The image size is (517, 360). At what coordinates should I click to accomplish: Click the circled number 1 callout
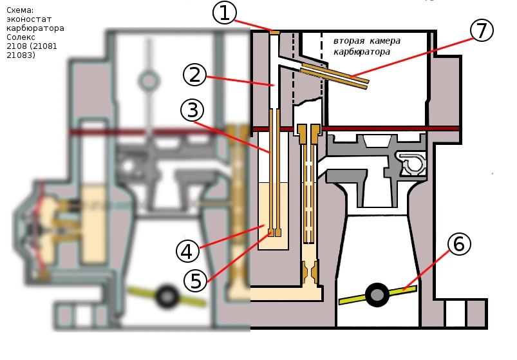(224, 12)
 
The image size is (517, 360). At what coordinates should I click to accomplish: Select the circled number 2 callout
(194, 75)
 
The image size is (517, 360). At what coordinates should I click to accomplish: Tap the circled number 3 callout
(192, 110)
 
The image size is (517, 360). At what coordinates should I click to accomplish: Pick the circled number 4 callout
(185, 252)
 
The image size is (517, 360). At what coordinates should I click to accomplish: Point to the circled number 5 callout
(195, 280)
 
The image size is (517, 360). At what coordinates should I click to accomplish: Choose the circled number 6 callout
(458, 245)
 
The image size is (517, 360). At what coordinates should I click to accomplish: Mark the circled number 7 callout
(482, 30)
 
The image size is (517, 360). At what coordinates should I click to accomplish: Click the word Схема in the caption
(20, 10)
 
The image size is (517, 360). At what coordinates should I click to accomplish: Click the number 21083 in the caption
(20, 55)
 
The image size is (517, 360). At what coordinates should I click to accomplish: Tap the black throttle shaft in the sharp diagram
(377, 294)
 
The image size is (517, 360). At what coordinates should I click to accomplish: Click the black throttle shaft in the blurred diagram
(169, 296)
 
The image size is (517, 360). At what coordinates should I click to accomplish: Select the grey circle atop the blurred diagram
(149, 81)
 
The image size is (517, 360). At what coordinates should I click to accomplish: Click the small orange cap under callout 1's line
(275, 31)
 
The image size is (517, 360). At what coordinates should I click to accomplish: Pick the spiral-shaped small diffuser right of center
(412, 164)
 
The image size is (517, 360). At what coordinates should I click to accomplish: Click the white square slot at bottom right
(455, 313)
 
